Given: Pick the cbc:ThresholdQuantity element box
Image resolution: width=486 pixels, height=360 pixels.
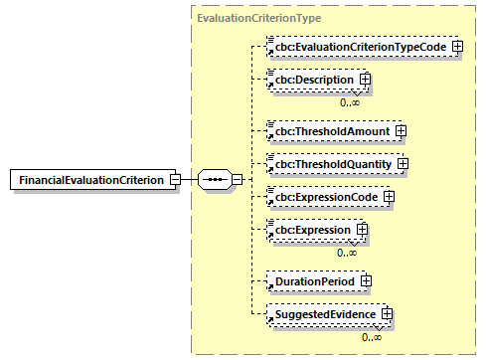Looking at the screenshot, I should point(333,163).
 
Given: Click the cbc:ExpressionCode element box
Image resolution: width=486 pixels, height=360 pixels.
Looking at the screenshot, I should point(325,197).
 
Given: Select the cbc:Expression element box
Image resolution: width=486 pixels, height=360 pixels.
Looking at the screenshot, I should point(310,230).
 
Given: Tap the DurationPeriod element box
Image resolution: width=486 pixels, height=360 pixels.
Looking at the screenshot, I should point(312,281).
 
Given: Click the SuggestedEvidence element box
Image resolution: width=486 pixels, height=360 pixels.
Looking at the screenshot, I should point(323,315).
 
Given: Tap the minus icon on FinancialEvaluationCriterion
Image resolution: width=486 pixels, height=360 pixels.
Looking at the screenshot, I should point(175,180).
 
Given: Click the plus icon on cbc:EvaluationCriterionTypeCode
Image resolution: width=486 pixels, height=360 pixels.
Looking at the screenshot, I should point(457,46).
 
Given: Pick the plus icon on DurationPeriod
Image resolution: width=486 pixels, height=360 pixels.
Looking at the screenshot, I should point(367,281).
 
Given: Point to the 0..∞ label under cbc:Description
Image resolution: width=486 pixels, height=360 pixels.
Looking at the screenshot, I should point(349,101).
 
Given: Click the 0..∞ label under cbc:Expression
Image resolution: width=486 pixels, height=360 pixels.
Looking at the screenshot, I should point(347,253).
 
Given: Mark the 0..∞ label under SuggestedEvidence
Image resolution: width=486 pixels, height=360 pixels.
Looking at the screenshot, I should point(372,337).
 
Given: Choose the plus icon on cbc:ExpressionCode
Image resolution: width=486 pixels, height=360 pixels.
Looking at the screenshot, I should point(389,197).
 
